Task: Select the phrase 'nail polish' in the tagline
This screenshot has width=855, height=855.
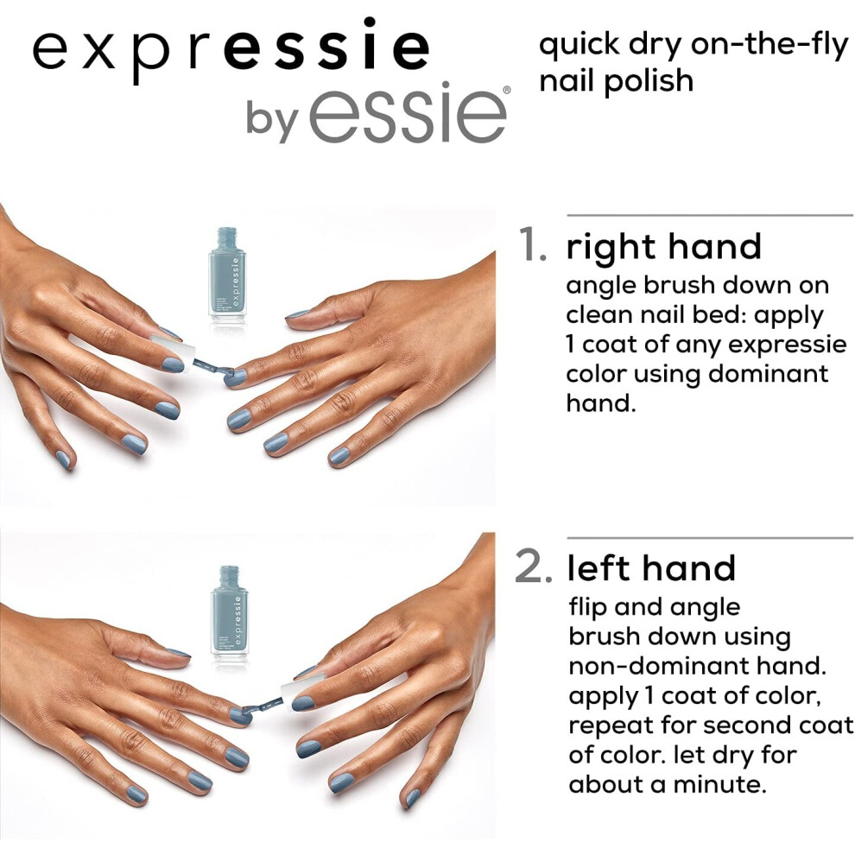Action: point(616,81)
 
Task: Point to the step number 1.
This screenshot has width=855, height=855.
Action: point(532,244)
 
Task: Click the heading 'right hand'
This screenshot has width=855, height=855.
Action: point(663,247)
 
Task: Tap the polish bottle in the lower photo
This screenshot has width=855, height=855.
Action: point(230,614)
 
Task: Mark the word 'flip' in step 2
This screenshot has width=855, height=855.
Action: point(588,607)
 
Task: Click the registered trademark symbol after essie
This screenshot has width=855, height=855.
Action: point(507,90)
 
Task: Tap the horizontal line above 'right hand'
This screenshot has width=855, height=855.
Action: point(710,215)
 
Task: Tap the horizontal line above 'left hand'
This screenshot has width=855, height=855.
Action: point(710,538)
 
